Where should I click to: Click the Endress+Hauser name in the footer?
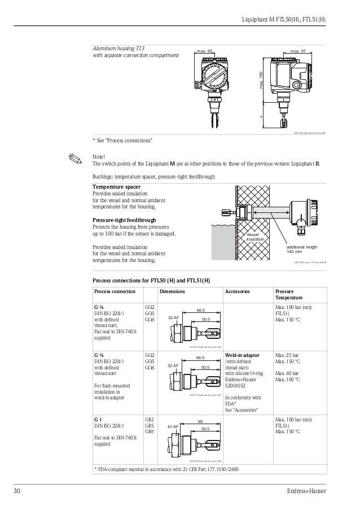click(306, 490)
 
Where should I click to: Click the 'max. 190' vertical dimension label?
click(261, 80)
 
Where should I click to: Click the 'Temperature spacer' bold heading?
click(117, 186)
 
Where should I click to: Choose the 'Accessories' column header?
click(238, 291)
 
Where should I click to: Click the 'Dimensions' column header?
click(172, 291)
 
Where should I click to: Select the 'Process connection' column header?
click(115, 291)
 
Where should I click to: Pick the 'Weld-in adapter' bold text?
click(243, 355)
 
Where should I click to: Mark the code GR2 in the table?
click(150, 420)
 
